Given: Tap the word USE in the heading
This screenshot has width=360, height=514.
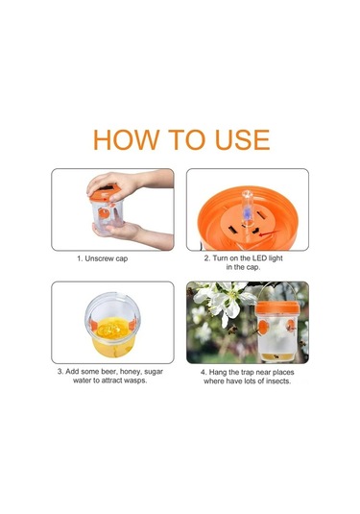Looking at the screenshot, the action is pos(243,140).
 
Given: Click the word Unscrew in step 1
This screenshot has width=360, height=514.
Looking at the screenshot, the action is pos(99,258).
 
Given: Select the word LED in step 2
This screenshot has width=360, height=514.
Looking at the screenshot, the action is pos(259,258).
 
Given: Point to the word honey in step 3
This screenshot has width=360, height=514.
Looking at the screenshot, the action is pos(130,372).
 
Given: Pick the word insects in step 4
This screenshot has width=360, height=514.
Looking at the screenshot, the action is pos(278,381).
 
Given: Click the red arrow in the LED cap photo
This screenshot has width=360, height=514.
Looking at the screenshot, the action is pos(269,233).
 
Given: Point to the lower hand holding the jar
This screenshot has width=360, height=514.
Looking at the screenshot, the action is pos(131,233).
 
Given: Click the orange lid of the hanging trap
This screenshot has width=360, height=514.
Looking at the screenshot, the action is pos(277,308).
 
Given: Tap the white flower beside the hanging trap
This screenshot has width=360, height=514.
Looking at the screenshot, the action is pos(226,301).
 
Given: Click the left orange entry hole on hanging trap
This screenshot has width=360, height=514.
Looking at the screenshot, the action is pos(263,327).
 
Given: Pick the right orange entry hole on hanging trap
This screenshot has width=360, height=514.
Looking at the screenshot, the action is pos(290,326).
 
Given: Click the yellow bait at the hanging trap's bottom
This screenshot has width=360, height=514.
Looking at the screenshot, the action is pos(276,356).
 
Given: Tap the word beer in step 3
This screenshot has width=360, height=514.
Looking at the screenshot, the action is pos(108,372).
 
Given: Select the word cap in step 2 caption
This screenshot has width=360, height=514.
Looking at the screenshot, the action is pos(253,267).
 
